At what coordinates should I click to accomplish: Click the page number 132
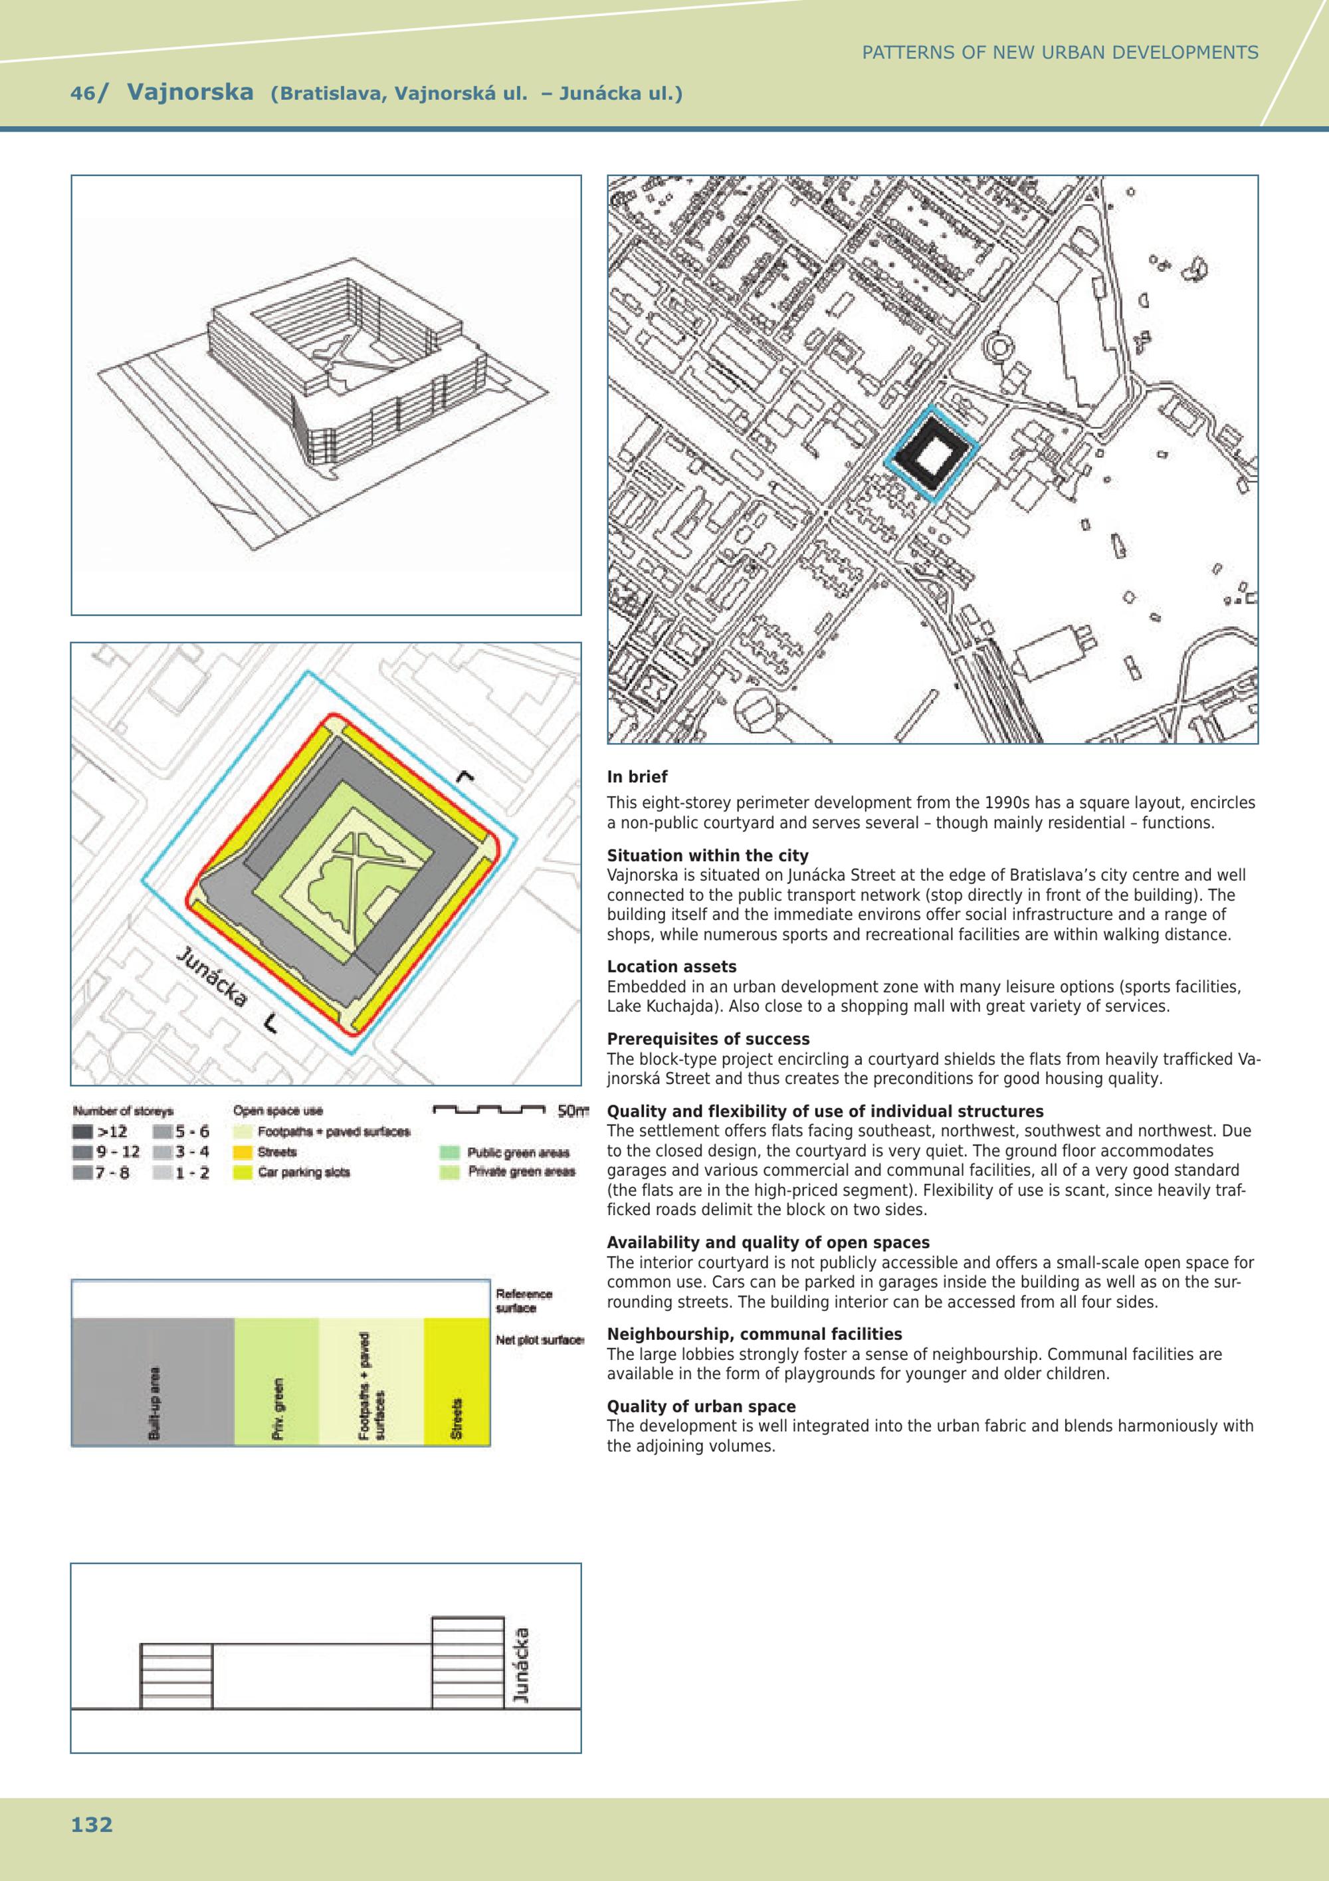pyautogui.click(x=92, y=1824)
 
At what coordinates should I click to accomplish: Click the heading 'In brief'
pyautogui.click(x=637, y=776)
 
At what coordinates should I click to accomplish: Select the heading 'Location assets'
pyautogui.click(x=671, y=966)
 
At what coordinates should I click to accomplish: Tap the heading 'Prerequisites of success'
pyautogui.click(x=708, y=1039)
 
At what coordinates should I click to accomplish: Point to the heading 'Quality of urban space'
pyautogui.click(x=701, y=1406)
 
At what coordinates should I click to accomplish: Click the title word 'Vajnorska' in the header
pyautogui.click(x=190, y=92)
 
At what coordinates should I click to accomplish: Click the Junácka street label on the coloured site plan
pyautogui.click(x=211, y=977)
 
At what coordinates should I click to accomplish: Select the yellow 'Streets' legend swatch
pyautogui.click(x=243, y=1152)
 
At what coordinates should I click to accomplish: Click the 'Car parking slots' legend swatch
pyautogui.click(x=243, y=1172)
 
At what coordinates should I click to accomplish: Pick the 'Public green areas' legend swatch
pyautogui.click(x=450, y=1153)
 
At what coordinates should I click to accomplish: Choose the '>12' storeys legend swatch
pyautogui.click(x=82, y=1132)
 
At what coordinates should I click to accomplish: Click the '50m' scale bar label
pyautogui.click(x=572, y=1112)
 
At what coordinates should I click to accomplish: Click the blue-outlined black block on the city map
pyautogui.click(x=931, y=451)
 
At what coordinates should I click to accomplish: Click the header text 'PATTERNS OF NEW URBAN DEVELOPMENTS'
pyautogui.click(x=1060, y=53)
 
